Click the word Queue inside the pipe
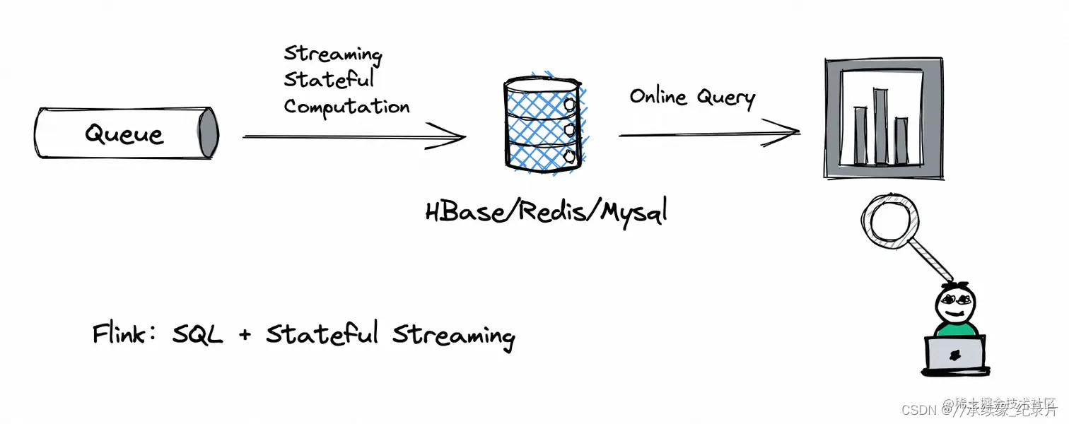124,134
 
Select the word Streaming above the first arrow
332,54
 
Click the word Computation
346,107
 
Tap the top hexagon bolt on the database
570,105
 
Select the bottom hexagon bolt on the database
570,155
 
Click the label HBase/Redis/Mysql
546,211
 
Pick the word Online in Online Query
658,96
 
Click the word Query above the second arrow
724,98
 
